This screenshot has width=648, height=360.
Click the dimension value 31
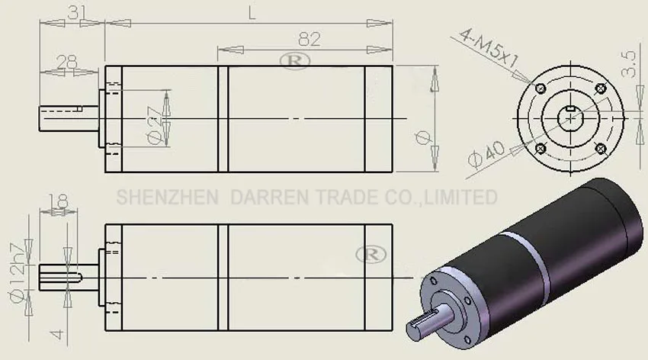[x=77, y=13]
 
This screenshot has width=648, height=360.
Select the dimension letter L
[x=252, y=14]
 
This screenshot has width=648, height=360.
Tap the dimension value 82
[x=309, y=40]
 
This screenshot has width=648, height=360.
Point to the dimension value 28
[x=67, y=62]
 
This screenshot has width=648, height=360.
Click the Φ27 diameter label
[x=155, y=125]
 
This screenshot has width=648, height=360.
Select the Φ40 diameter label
[x=487, y=154]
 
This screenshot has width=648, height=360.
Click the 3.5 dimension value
[x=628, y=63]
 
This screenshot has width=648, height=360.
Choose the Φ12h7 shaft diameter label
[x=18, y=273]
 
